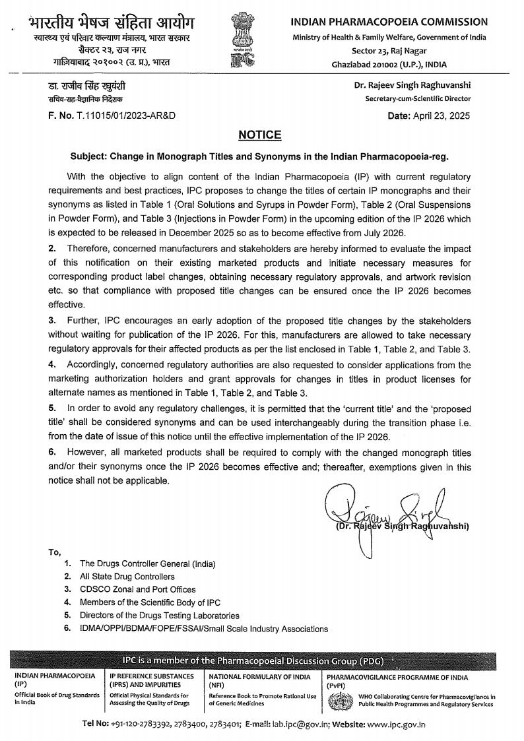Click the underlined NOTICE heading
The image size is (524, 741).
coord(259,135)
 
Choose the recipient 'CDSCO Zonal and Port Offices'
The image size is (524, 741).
coord(137,589)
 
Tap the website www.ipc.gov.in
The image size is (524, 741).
coord(396,724)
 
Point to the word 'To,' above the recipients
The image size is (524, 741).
coord(54,552)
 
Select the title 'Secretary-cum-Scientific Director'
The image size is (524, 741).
coord(418,99)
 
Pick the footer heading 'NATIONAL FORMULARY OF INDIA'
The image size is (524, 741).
coord(259,676)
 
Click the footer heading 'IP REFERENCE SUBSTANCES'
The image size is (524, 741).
coord(152,676)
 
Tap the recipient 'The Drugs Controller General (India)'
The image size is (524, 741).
coord(148,564)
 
